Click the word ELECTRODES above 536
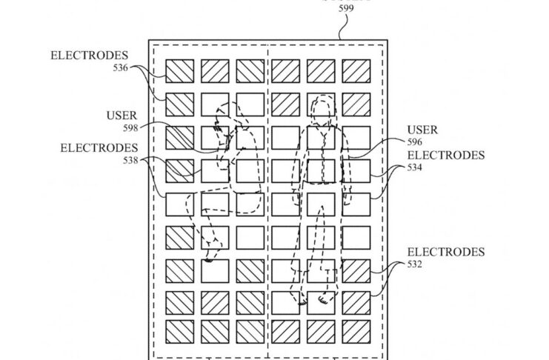(x=89, y=56)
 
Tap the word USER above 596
(x=422, y=130)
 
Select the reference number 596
(x=415, y=141)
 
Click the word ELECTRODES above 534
(x=445, y=156)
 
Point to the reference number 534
(x=416, y=167)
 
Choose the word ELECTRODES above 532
(x=445, y=252)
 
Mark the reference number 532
(x=416, y=264)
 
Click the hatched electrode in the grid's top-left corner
(x=179, y=71)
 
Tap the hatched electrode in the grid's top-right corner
(x=356, y=71)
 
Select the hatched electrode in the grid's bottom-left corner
(x=179, y=331)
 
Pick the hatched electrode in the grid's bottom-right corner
(x=356, y=331)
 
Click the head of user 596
(x=323, y=107)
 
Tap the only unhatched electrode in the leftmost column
(x=179, y=204)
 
